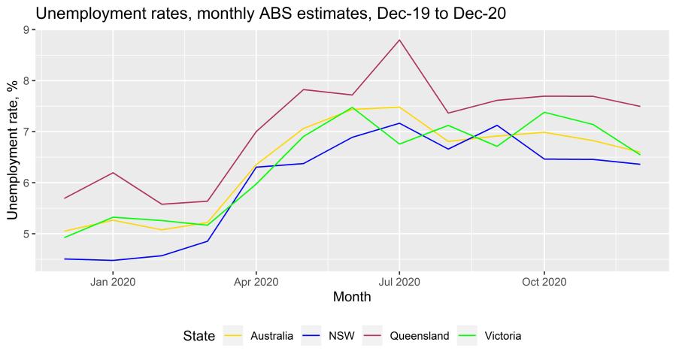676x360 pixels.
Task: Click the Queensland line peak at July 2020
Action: [399, 40]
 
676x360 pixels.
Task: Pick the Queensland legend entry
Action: [419, 336]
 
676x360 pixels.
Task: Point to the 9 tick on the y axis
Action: [27, 30]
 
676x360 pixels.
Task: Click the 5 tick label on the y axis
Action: [27, 234]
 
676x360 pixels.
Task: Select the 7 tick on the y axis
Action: [27, 132]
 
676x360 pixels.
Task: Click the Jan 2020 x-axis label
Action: [113, 283]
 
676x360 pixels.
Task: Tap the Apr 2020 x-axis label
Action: [256, 283]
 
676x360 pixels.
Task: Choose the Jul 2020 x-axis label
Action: [399, 283]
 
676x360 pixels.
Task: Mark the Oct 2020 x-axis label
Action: [544, 283]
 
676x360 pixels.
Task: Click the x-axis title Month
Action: [352, 298]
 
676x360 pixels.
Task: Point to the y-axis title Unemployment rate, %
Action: [13, 148]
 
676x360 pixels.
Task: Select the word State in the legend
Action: [199, 336]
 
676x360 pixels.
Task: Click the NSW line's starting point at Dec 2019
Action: [65, 259]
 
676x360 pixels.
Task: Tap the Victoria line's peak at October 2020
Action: [544, 113]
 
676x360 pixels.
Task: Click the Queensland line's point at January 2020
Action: [113, 173]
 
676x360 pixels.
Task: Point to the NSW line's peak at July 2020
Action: [399, 123]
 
